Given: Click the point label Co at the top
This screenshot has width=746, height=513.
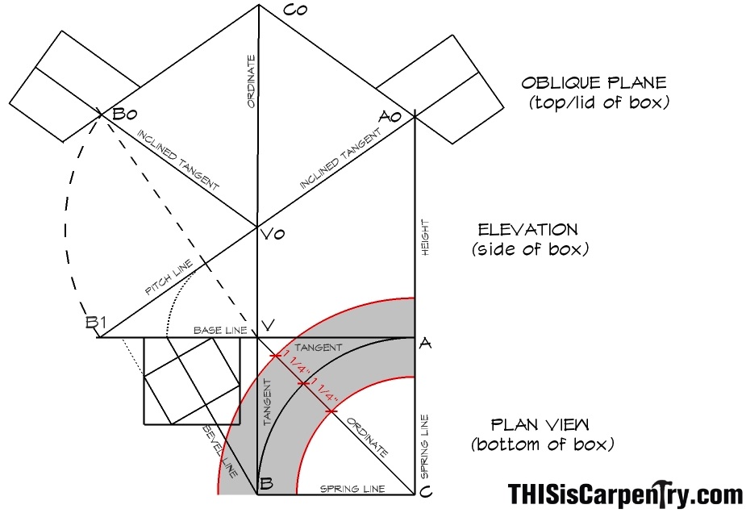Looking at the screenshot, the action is click(x=295, y=9).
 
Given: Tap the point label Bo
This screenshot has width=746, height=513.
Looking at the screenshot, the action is click(x=125, y=115).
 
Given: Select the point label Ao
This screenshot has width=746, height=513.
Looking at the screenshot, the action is click(x=390, y=116).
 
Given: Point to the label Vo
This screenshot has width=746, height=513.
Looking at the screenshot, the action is click(x=273, y=234).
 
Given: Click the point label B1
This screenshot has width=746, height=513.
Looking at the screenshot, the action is click(x=96, y=323).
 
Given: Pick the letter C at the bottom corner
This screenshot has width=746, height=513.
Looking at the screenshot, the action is click(x=427, y=491).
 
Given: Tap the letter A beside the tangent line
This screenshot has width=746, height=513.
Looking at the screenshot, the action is click(x=425, y=343).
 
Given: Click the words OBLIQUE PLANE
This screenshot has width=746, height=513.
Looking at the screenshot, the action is click(x=594, y=83).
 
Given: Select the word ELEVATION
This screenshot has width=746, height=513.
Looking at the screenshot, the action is click(x=527, y=230).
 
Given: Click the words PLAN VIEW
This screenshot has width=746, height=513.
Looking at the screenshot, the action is click(x=540, y=424).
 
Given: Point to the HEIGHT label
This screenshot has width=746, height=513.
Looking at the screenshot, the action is click(x=425, y=237).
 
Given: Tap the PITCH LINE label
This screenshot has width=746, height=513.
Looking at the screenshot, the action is click(x=169, y=277).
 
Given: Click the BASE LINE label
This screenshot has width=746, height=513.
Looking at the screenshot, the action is click(x=220, y=330).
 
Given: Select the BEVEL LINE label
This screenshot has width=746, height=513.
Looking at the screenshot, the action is click(x=220, y=451).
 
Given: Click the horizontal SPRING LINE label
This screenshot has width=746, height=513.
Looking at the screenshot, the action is click(x=352, y=489).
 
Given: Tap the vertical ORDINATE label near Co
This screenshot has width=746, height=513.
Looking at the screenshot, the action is click(x=251, y=81).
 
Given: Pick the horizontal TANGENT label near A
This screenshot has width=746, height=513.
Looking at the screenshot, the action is click(x=319, y=348).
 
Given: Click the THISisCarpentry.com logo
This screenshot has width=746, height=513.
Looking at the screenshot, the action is click(x=626, y=494).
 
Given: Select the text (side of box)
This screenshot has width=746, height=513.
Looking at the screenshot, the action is click(x=530, y=249).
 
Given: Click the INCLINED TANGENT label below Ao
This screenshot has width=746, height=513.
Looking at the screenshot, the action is click(x=340, y=159).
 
